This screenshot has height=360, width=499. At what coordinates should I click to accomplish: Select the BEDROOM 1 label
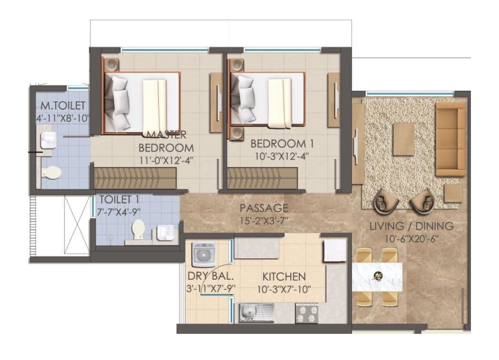[278, 143]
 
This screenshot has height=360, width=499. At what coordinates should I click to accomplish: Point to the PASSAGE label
[264, 208]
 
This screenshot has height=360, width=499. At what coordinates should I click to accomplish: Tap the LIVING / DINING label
[411, 226]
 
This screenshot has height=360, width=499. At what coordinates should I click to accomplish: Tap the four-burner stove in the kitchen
[306, 313]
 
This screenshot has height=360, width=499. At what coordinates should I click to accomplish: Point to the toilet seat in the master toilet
[50, 172]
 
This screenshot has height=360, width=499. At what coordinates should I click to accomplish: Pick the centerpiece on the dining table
[379, 275]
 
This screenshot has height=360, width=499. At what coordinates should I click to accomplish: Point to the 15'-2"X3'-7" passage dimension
[264, 220]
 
